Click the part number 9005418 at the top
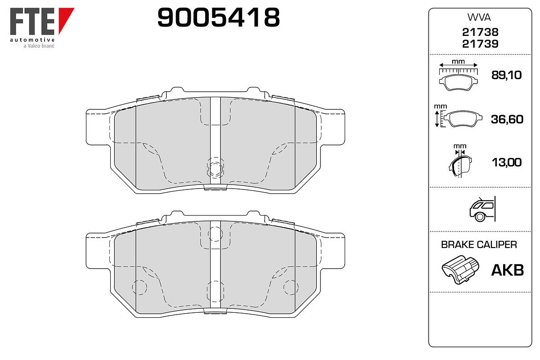(x=218, y=17)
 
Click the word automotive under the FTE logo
(x=32, y=40)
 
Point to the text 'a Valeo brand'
(x=39, y=46)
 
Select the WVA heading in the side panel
(x=479, y=18)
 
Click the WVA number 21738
(x=480, y=32)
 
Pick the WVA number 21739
(x=480, y=44)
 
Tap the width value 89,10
(x=507, y=75)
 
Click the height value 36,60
(x=507, y=119)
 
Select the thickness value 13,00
(x=507, y=162)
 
